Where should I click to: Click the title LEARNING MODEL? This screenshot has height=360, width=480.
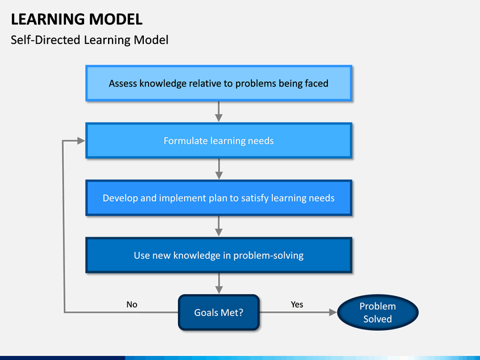click(77, 19)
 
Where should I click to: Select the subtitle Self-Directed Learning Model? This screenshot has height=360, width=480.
click(89, 40)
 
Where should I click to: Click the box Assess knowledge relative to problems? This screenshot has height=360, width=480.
click(219, 83)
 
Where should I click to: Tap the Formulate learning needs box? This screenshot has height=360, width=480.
click(219, 141)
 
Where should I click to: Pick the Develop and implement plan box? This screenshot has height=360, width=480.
click(219, 198)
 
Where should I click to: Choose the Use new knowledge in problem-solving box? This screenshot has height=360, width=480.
click(219, 255)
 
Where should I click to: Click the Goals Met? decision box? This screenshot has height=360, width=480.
click(219, 312)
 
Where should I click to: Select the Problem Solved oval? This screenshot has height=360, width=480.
click(377, 312)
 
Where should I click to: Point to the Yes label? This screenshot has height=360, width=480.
click(297, 304)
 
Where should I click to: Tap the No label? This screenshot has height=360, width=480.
click(131, 304)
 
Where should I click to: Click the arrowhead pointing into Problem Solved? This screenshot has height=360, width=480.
click(333, 312)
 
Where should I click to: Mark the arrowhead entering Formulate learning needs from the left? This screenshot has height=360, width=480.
click(81, 141)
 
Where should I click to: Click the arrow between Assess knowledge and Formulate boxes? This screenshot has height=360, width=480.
click(219, 112)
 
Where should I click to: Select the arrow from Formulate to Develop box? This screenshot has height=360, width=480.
click(219, 169)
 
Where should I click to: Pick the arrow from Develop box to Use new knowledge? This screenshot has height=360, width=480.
click(219, 226)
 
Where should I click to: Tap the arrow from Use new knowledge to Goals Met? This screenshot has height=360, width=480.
click(219, 284)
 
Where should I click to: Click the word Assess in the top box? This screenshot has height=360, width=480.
click(123, 83)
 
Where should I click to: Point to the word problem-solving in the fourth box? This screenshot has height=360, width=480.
click(268, 255)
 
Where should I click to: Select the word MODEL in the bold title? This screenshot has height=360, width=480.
click(116, 19)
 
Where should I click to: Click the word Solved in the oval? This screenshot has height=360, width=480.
click(377, 319)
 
